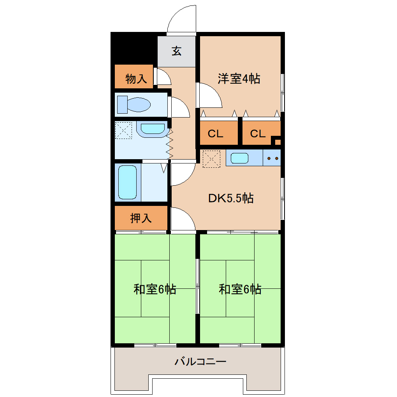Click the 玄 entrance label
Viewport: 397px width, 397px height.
(x=177, y=51)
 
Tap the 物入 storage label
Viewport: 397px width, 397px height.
(x=136, y=79)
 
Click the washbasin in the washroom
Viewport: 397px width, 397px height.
(x=152, y=129)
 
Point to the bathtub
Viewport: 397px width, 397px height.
(x=127, y=182)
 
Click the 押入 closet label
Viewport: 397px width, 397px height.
(x=141, y=218)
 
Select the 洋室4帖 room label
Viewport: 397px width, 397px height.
(x=239, y=79)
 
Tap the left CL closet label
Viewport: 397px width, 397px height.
(x=215, y=134)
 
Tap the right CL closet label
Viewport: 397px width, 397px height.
(x=258, y=134)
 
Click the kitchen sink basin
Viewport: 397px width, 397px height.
(x=239, y=158)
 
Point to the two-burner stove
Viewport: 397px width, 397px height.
(x=272, y=158)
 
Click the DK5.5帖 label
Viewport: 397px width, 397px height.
(x=230, y=198)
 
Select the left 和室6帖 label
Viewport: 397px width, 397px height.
(x=155, y=290)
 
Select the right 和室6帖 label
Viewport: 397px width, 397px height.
(x=240, y=290)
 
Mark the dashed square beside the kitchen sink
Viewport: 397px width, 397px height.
(x=211, y=158)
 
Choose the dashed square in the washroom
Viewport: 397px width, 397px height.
(x=124, y=130)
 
